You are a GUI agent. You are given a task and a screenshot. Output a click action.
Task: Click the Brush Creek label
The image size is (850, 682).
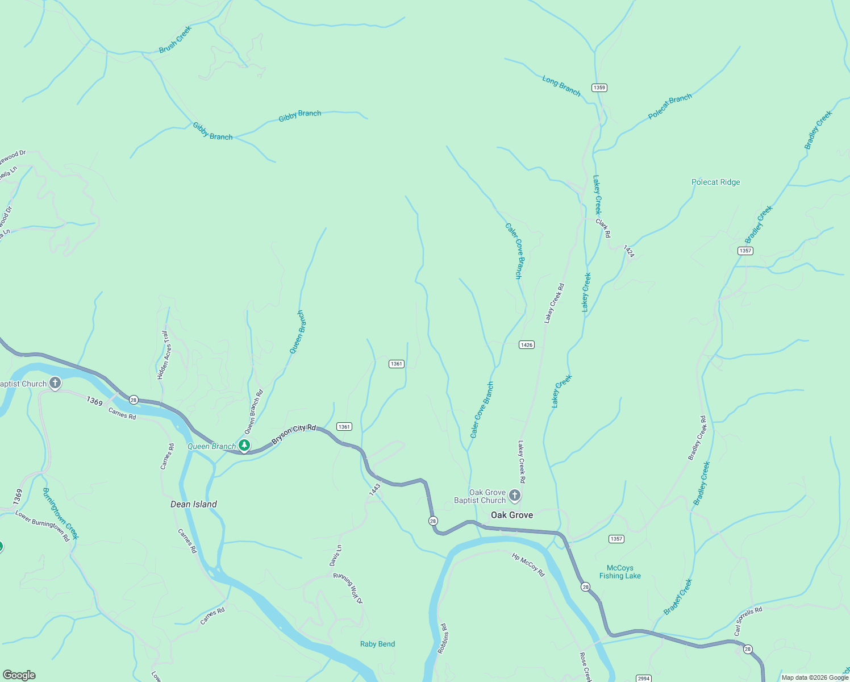(x=176, y=40)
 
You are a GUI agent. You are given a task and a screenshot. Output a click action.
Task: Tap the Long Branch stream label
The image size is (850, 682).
(x=561, y=86)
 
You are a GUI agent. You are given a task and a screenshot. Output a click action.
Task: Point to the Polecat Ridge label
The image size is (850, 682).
(x=715, y=182)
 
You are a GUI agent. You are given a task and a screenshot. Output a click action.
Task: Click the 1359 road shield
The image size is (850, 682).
(x=599, y=88)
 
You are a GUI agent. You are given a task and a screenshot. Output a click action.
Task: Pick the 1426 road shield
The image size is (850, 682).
(x=527, y=345)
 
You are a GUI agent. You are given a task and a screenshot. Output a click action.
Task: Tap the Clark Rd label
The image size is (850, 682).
(x=603, y=228)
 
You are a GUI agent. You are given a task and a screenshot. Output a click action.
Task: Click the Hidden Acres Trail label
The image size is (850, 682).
(x=163, y=355)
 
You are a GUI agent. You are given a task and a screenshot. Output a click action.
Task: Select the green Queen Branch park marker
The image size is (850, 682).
(x=244, y=446)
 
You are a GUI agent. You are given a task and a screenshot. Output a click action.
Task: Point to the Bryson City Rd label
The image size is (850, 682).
(x=293, y=435)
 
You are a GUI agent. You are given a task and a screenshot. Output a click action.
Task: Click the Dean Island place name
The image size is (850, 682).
(x=194, y=504)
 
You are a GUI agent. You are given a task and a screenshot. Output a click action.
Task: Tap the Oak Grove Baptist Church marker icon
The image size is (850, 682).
(x=515, y=496)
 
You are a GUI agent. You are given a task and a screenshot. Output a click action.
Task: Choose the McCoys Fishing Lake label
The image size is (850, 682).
(x=620, y=572)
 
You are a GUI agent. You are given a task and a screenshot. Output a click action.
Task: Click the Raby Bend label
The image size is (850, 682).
(x=377, y=644)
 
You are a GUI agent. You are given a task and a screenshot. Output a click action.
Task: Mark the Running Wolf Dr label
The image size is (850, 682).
(x=348, y=588)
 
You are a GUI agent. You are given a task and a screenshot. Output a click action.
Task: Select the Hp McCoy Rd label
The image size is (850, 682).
(x=528, y=565)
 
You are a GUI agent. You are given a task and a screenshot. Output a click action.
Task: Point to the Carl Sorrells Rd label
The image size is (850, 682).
(x=748, y=621)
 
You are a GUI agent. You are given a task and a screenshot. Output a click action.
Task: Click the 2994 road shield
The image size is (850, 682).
(x=643, y=679)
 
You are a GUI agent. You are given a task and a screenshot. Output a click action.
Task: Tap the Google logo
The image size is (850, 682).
(x=19, y=675)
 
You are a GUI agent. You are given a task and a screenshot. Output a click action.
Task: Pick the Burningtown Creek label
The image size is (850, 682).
(x=61, y=513)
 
